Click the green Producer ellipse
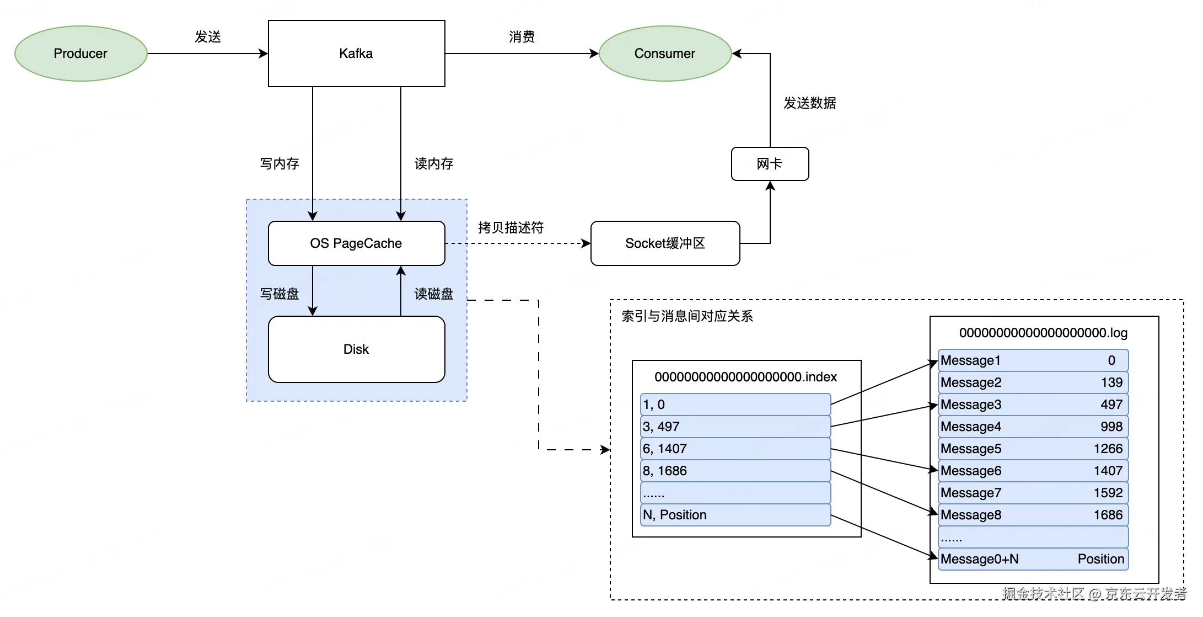[80, 54]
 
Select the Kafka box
[356, 54]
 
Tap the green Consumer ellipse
[665, 54]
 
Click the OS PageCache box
[356, 243]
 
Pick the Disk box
[356, 349]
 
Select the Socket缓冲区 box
[665, 243]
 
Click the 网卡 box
[770, 164]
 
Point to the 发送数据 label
[809, 103]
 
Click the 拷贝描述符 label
[511, 227]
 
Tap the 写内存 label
[280, 164]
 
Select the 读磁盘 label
[434, 294]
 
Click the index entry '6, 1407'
[735, 449]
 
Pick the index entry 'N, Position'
[735, 515]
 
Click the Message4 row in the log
[1032, 427]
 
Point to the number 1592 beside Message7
[1108, 493]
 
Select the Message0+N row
[1032, 559]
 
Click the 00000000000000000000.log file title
[1043, 333]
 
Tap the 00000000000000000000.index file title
[745, 377]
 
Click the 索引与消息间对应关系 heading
[687, 316]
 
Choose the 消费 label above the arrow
[522, 37]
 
